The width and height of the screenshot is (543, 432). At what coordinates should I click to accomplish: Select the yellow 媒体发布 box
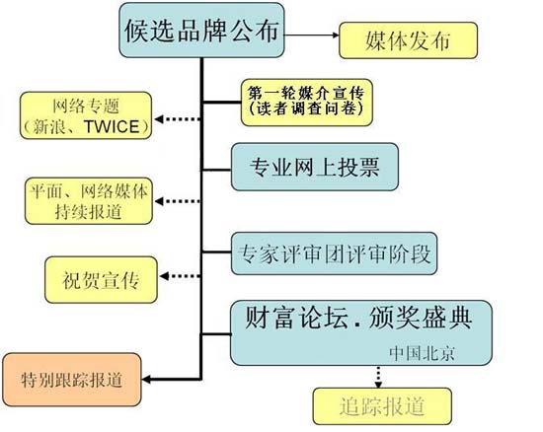408,42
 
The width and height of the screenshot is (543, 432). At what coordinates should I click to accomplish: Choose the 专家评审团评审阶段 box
333,251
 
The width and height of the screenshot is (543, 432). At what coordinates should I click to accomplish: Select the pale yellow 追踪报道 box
382,404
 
